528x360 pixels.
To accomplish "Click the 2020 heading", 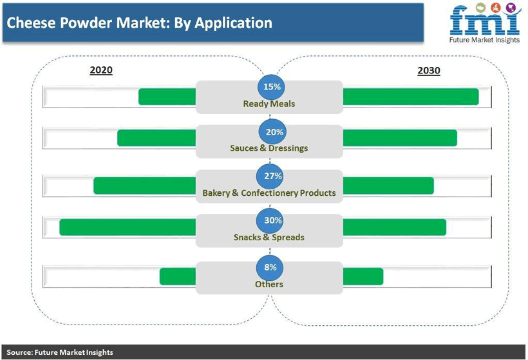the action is click(x=101, y=70).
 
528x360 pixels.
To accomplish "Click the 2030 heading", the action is click(x=429, y=71).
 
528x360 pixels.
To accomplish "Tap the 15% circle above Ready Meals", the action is click(x=271, y=87).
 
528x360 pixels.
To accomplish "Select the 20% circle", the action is click(x=272, y=132).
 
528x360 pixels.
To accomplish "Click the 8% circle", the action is click(x=270, y=267).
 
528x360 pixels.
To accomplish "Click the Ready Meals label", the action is click(x=269, y=104).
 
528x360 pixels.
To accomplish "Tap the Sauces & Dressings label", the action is click(x=269, y=148).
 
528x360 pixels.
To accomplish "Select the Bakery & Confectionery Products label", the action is click(x=269, y=193).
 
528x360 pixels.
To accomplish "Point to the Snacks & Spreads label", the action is click(x=269, y=238).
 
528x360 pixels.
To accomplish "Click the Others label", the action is click(x=269, y=284).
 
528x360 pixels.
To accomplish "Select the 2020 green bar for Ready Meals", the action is click(x=167, y=97).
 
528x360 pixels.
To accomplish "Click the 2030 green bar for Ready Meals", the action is click(x=411, y=97).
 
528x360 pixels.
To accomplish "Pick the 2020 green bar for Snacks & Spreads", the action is click(x=127, y=227).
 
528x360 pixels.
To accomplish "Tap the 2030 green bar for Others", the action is click(x=363, y=276).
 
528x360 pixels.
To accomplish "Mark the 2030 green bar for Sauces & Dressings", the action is click(x=400, y=138).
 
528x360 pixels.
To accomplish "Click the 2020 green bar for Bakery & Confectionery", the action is click(x=144, y=185).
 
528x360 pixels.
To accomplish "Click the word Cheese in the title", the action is click(x=31, y=23).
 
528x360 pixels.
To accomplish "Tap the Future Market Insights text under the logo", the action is click(x=484, y=40).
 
